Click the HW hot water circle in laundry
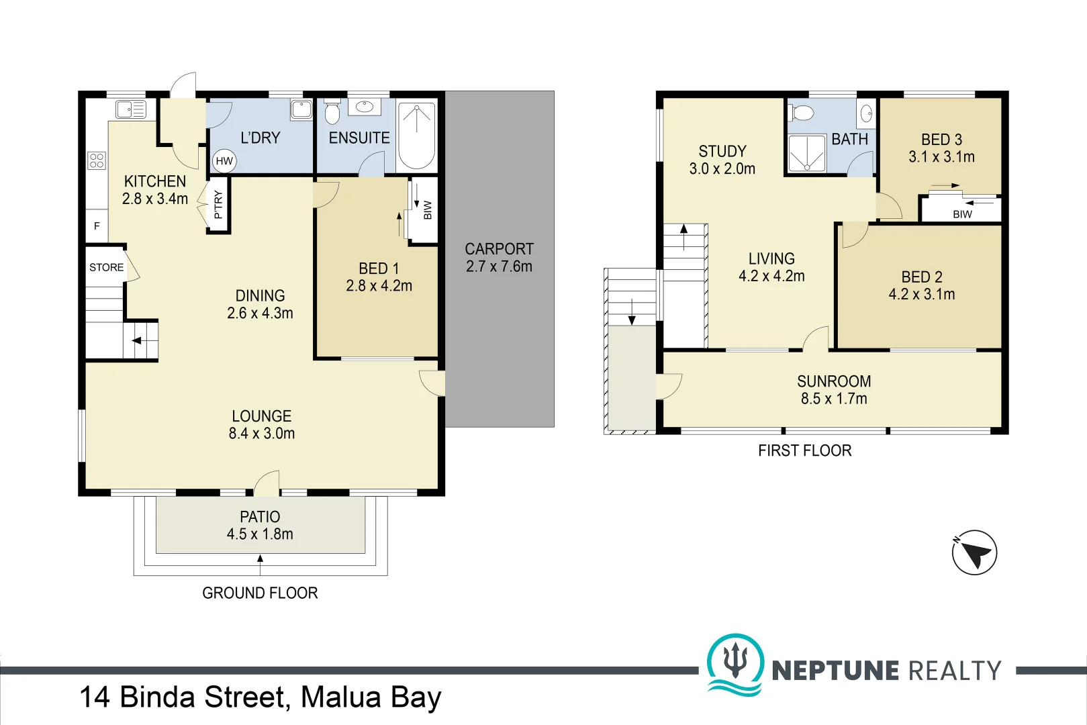coord(224,161)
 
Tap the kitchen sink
coord(131,109)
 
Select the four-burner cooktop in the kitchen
coord(97,160)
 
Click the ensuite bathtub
coord(416,136)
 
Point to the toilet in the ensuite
coord(332,112)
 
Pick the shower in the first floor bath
coord(806,153)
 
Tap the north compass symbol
coord(974,552)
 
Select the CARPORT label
coord(500,249)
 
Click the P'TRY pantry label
coord(218,204)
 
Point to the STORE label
coord(106,267)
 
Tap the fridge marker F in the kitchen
coord(97,226)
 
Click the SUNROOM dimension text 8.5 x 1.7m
coord(834,398)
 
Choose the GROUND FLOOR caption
coord(260,593)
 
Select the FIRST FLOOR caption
coord(804,451)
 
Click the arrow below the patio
coord(260,565)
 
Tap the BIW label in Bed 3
coord(962,214)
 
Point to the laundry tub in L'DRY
coord(301,109)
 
